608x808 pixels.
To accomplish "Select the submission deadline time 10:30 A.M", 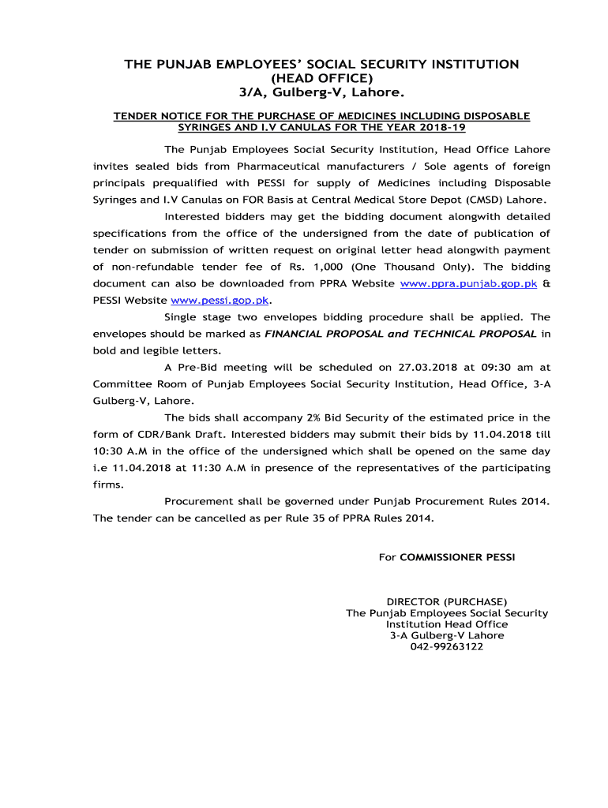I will coord(123,451).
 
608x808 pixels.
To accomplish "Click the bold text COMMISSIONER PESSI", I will coord(457,557).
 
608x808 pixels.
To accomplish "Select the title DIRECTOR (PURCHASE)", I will coord(447,602).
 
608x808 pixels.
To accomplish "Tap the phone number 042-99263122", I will coord(447,647).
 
